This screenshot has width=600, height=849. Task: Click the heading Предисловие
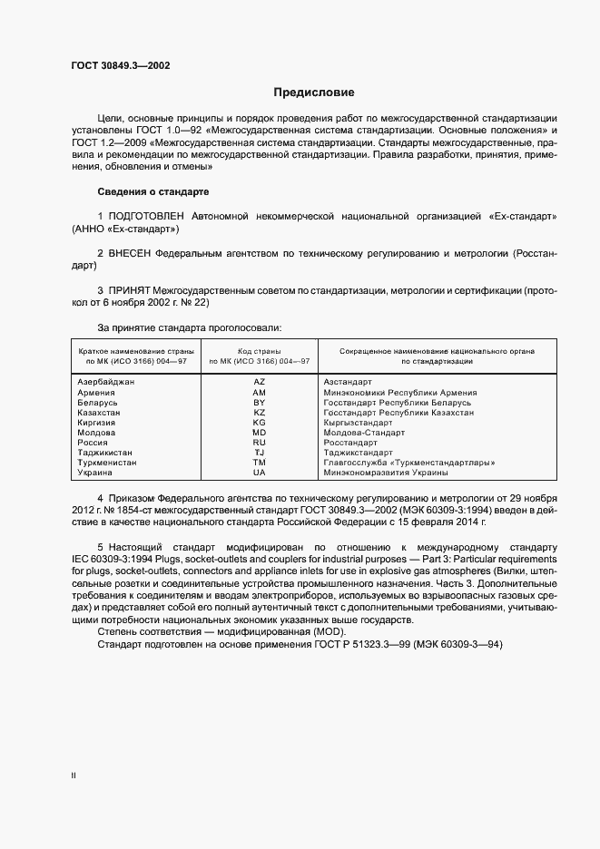pos(314,93)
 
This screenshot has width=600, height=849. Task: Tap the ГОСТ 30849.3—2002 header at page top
pos(121,66)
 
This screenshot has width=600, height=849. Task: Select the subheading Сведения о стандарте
pos(152,192)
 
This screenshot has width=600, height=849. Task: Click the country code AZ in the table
pos(259,382)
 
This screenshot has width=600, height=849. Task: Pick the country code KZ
pos(259,412)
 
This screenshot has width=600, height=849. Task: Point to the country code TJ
pos(259,452)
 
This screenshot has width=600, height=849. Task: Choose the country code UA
pos(259,473)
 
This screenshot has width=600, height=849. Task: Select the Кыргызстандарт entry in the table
pos(358,423)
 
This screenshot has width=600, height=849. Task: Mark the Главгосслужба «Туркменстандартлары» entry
pos(408,463)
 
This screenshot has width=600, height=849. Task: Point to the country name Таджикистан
pos(105,453)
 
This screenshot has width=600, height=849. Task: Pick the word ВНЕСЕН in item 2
pos(130,256)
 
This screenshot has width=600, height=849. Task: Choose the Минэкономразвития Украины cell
pos(386,473)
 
